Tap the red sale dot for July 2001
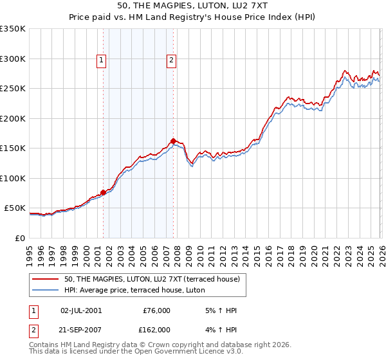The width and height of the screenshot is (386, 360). coord(103,192)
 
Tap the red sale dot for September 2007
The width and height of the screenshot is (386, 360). coord(173,141)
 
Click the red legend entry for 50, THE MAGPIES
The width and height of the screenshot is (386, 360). coord(152,278)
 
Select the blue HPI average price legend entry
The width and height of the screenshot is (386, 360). coord(134,290)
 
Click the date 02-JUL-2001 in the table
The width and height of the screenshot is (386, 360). coord(80,310)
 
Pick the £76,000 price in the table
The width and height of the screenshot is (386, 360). coord(156,310)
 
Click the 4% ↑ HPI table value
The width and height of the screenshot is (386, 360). coord(219,329)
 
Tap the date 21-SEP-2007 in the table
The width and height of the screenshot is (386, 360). coord(80,329)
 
